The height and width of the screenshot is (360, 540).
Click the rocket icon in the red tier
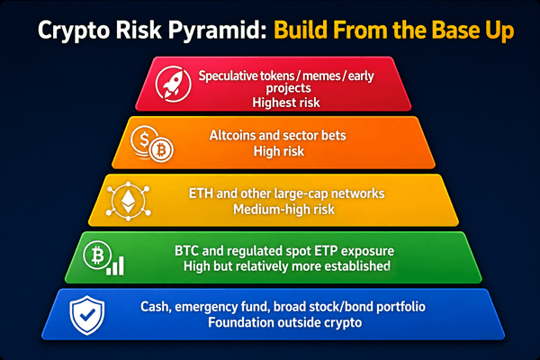173,84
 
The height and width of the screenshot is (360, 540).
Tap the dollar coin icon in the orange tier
144,140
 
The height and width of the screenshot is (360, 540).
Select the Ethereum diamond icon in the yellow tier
128,201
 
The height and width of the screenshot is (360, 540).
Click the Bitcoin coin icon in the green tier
97,256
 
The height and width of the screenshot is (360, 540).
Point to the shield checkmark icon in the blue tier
86,315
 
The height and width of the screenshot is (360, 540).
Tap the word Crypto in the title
74,31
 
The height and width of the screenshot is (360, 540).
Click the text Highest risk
286,103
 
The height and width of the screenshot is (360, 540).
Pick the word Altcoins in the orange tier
232,135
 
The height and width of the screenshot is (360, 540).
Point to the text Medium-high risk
283,209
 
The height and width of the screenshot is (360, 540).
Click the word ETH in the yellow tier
201,193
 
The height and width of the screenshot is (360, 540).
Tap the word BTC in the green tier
186,250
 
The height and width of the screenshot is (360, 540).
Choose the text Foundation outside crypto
284,322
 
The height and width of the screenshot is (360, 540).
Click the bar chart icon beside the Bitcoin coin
115,265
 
